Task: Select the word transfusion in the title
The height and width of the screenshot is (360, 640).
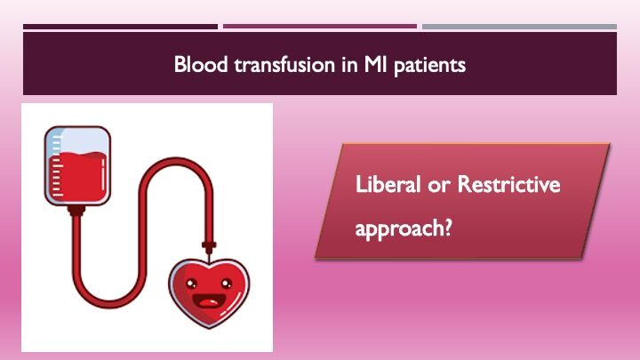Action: point(272,65)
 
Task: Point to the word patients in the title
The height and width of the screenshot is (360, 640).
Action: point(430,65)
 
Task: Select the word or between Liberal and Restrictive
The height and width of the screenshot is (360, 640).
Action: point(433,186)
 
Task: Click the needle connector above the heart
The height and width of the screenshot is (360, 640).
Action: point(209,244)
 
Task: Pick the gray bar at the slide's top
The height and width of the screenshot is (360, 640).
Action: point(519,27)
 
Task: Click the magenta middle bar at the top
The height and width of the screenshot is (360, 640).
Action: point(319,27)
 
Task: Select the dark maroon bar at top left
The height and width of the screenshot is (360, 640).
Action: point(120,27)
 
